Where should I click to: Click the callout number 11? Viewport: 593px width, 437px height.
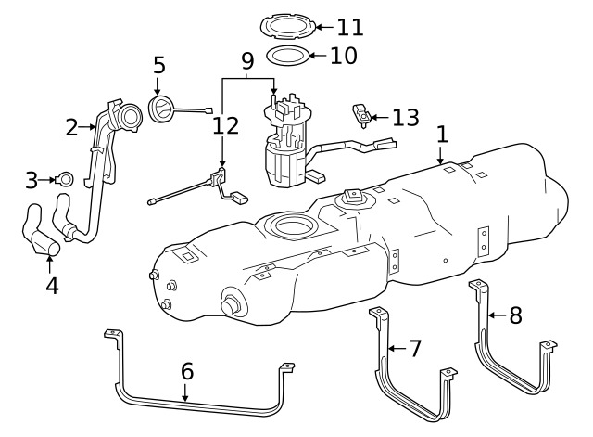click(350, 27)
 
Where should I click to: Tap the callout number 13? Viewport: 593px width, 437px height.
click(406, 118)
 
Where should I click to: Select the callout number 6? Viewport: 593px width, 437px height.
click(187, 371)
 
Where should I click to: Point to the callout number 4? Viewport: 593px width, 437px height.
click(52, 286)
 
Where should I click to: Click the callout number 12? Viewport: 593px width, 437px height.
click(226, 126)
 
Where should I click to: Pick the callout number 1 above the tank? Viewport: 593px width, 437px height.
click(442, 135)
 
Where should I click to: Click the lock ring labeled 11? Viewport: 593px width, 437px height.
click(288, 26)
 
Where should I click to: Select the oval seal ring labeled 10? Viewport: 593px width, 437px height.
click(288, 56)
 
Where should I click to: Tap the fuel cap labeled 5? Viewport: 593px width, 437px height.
click(161, 109)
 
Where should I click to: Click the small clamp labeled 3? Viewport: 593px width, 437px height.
click(65, 179)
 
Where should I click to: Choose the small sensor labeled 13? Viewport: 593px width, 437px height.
click(361, 115)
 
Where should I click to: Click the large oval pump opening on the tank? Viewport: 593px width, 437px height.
click(294, 225)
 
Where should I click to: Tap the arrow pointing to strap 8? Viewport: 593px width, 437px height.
click(498, 315)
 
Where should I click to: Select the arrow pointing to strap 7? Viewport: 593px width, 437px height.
click(397, 348)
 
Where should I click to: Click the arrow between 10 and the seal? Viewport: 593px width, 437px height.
click(319, 56)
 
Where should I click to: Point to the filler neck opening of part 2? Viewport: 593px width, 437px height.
click(131, 117)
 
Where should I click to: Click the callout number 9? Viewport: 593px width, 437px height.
click(247, 61)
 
